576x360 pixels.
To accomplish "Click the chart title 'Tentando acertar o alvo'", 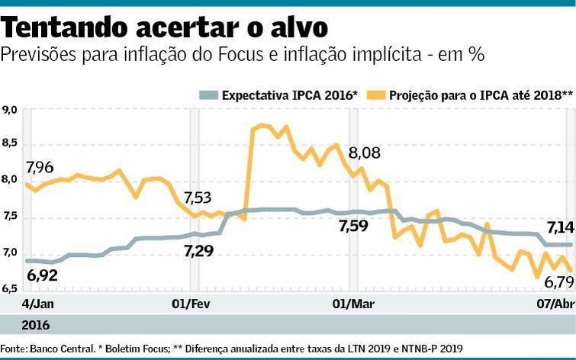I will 165,27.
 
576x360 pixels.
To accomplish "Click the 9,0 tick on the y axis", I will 10,111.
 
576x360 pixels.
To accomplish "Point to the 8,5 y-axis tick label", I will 10,144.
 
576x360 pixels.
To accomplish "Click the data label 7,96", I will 40,167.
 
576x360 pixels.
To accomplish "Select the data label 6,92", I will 43,275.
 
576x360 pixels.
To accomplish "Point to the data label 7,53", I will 198,198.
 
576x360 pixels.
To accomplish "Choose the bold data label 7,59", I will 352,227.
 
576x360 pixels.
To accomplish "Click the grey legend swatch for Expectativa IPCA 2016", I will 208,95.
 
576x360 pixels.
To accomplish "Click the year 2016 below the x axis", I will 35,326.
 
